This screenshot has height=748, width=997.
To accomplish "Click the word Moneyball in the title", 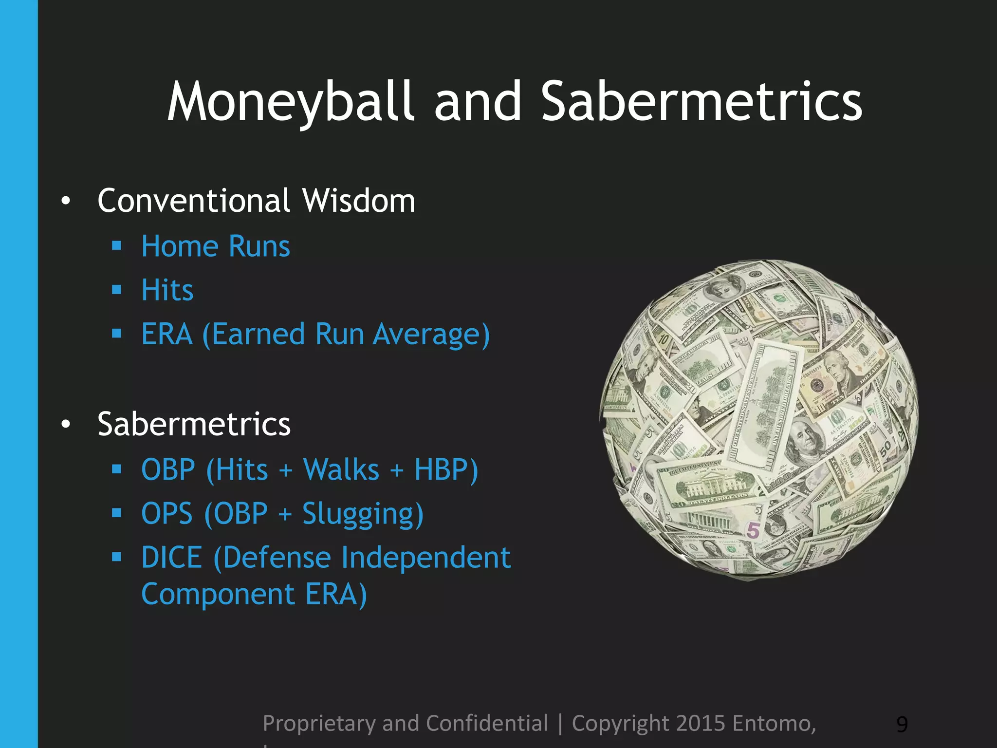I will coord(291,102).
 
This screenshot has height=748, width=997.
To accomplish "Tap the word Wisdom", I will coord(358,201).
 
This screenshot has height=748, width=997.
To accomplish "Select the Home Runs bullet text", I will coord(216,246).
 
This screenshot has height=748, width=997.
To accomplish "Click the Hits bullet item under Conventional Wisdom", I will coord(167,290).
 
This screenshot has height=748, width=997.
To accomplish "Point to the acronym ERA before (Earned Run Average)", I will coord(167,335).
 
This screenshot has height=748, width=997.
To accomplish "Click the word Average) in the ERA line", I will coord(431,335).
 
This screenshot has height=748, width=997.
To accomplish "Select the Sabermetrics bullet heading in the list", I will coord(194,424).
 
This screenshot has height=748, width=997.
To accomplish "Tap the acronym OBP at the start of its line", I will coord(168,470).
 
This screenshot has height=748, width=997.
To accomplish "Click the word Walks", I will coord(341,470).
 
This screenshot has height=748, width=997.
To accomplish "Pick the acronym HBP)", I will coord(446,470).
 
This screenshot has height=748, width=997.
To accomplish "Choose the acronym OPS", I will coord(167,514).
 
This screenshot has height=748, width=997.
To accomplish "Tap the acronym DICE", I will coord(171,558).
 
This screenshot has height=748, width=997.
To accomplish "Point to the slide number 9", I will coord(902,725).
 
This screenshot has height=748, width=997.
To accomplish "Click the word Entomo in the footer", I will coord(774,724).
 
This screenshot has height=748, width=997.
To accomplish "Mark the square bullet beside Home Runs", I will coord(116,245).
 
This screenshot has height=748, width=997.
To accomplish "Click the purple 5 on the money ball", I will coord(753,530).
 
